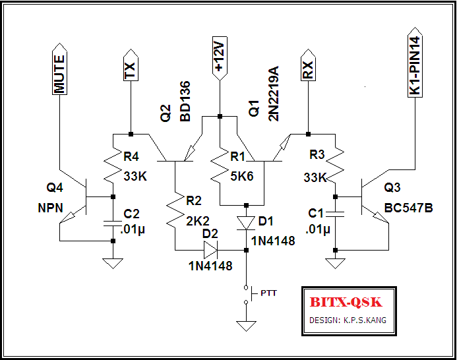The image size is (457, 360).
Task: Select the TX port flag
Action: [131, 67]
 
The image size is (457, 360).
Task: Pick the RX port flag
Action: [307, 67]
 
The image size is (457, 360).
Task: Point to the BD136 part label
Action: [185, 102]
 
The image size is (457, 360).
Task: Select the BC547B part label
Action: [408, 208]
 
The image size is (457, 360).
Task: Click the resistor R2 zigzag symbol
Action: [175, 210]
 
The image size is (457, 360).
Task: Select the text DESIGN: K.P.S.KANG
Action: [348, 320]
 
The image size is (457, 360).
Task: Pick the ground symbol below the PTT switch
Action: [246, 326]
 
